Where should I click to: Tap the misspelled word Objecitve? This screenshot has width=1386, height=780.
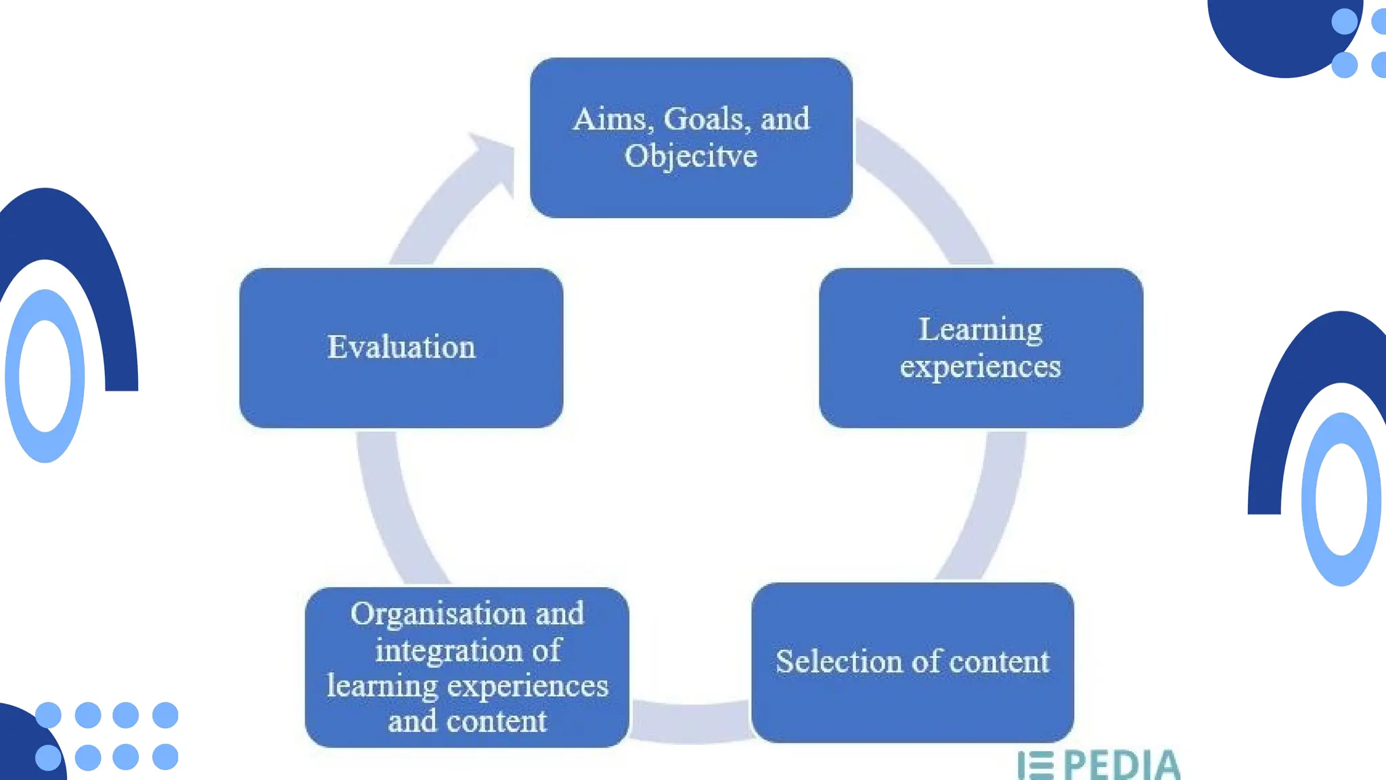(x=690, y=156)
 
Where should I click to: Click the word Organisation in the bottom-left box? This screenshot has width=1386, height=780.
(x=438, y=615)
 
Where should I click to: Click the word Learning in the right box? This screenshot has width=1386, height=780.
(x=980, y=330)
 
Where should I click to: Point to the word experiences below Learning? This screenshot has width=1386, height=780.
(x=980, y=367)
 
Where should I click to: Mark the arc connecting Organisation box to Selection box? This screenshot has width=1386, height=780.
(x=690, y=722)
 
